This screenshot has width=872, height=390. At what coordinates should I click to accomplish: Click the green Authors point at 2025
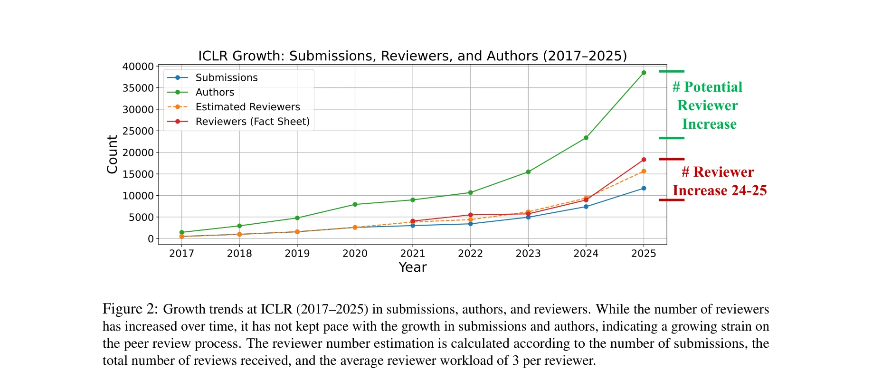(644, 73)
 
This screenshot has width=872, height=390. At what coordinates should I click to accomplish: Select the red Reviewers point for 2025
(644, 160)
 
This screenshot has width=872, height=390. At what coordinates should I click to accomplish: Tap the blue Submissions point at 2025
(644, 188)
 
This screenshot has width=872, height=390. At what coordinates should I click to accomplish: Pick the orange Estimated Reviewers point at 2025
(644, 171)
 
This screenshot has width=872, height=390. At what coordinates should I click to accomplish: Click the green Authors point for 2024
(586, 138)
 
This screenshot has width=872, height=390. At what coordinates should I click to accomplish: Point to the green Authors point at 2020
(355, 204)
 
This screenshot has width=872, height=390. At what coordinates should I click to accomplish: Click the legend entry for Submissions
(226, 77)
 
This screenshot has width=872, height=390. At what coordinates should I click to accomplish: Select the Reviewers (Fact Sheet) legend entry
(252, 122)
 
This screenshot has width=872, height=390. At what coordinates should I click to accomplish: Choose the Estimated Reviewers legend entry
(247, 107)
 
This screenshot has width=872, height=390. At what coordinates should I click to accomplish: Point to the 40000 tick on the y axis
(138, 67)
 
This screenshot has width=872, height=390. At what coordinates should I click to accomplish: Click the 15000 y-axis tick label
(138, 174)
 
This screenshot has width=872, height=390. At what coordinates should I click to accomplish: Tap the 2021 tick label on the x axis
(412, 254)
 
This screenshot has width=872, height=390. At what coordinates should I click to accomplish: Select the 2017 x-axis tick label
(181, 254)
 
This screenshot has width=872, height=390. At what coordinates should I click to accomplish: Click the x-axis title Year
(412, 267)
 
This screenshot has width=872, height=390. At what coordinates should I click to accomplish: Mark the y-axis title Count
(112, 154)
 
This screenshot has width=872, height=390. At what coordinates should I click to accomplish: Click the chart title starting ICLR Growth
(412, 56)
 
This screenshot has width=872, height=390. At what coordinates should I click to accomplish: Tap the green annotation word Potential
(713, 87)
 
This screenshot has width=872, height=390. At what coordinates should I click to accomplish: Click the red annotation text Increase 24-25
(720, 190)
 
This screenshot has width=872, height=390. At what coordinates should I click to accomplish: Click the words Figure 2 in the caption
(130, 309)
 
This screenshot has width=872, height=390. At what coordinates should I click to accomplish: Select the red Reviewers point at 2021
(413, 221)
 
